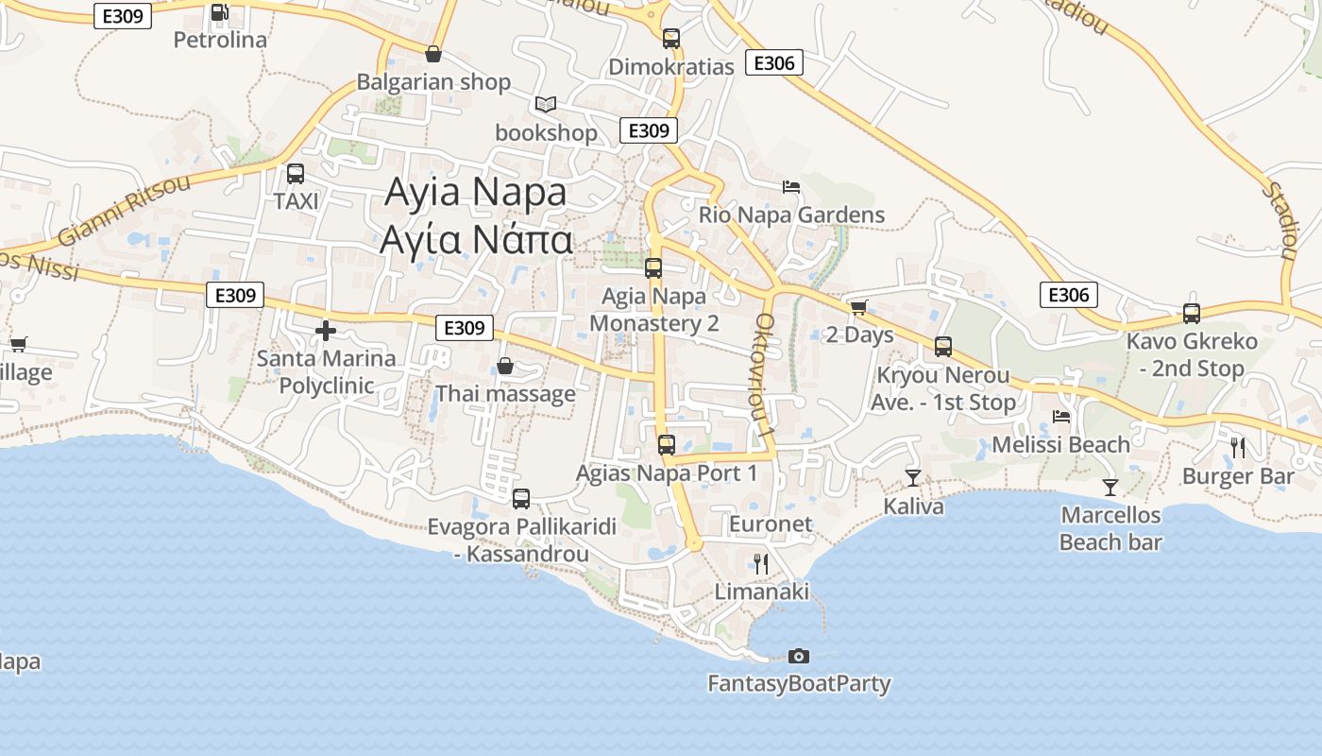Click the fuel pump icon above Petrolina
pos(219,12)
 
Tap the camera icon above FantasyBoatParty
pos(799,656)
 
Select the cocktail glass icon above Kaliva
pos(913,477)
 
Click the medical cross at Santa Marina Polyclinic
pos(326,330)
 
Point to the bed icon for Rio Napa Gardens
pos(791,186)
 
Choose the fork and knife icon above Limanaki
pos(761,564)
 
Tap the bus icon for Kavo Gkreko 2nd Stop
pos(1192,313)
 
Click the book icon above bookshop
pos(546,104)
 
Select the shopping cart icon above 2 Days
pos(858,307)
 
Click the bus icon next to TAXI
pos(296,174)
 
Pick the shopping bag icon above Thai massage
pos(505,366)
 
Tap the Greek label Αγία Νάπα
pos(476,240)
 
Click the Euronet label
pos(771,524)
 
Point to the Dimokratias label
pos(670,67)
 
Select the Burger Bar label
pos(1238,475)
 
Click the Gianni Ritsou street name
pos(123,210)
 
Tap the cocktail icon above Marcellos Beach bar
pos(1110,488)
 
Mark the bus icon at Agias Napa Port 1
pos(667,444)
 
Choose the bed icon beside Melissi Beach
pos(1061,416)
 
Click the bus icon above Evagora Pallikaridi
pos(521,498)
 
